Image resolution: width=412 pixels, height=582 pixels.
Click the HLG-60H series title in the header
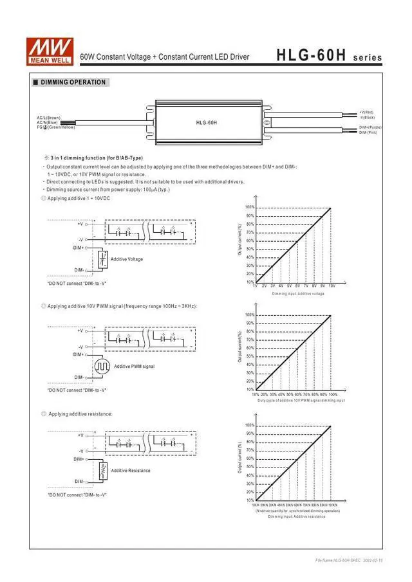329,57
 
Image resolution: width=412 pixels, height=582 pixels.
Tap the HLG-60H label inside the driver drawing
207,122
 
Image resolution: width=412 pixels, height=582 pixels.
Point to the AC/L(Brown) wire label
49,118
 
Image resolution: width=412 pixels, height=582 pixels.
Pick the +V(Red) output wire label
367,113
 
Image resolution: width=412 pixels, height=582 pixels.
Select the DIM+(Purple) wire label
370,127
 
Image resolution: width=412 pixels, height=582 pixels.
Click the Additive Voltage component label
127,259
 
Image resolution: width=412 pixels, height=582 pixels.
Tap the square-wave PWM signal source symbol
102,367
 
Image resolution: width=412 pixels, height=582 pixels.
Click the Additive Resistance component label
131,471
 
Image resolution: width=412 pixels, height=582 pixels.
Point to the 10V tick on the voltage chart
331,286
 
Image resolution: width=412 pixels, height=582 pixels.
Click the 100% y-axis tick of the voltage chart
250,207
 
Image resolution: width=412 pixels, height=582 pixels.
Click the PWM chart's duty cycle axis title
301,401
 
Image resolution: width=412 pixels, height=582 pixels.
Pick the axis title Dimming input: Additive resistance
297,516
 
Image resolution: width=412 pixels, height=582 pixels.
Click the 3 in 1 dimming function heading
93,158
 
